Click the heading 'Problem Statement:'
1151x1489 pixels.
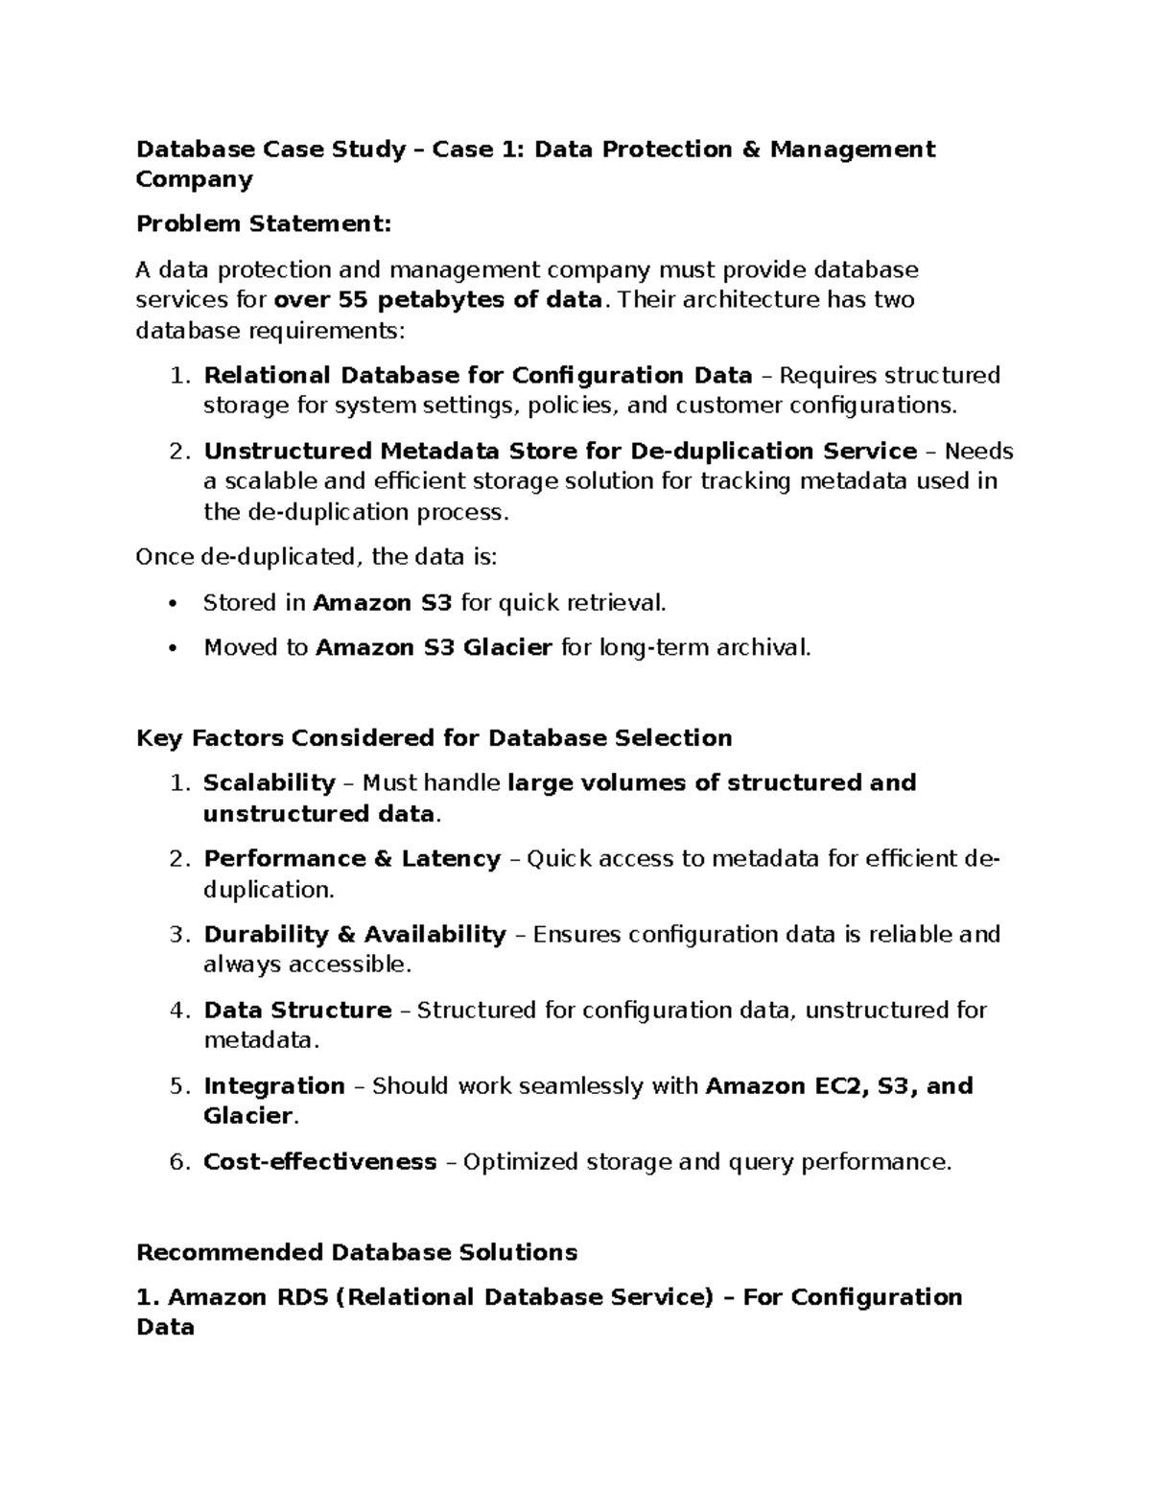264,224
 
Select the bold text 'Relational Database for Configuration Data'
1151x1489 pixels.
478,375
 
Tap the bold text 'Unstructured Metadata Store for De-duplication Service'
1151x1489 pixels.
560,451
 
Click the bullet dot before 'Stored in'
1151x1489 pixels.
173,603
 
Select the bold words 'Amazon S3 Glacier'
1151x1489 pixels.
434,648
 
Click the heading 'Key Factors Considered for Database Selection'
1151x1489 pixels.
435,738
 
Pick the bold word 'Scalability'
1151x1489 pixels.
270,783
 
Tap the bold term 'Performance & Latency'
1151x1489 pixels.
352,859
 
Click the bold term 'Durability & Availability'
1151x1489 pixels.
355,935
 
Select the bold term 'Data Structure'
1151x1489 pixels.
297,1011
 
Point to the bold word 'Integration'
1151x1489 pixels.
274,1086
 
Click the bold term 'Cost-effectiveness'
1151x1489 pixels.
320,1162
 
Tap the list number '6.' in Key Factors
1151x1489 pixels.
181,1162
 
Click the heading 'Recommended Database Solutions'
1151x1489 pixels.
357,1253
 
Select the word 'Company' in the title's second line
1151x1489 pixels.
195,179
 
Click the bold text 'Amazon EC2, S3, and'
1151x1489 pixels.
839,1086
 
